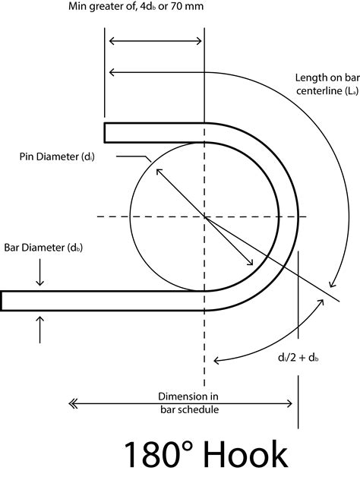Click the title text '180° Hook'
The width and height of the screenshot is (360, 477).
click(x=206, y=455)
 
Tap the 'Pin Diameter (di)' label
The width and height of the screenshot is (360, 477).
click(x=57, y=156)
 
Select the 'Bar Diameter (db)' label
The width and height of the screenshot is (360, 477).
click(x=43, y=248)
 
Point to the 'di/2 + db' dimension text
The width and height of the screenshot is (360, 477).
click(x=298, y=358)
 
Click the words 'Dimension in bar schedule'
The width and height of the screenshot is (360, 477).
click(x=188, y=403)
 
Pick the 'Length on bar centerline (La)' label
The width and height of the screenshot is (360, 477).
click(x=327, y=84)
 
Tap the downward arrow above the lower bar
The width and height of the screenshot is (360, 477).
click(x=39, y=272)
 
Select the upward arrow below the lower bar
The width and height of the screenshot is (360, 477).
click(x=39, y=330)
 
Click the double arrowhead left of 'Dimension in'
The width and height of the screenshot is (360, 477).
click(x=72, y=404)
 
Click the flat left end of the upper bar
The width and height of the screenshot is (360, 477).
click(x=105, y=133)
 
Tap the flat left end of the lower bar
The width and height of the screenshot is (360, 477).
click(x=2, y=302)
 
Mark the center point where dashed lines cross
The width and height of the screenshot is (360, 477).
click(x=204, y=217)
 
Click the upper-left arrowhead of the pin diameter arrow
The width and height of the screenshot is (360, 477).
click(x=159, y=172)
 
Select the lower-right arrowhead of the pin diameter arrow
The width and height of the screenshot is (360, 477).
click(x=250, y=262)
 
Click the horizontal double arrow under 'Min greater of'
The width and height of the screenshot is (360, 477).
click(x=155, y=41)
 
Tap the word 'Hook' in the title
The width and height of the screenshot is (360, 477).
click(x=245, y=455)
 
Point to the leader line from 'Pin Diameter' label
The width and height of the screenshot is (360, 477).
click(x=134, y=157)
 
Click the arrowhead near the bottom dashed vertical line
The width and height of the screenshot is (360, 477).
click(x=216, y=361)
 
